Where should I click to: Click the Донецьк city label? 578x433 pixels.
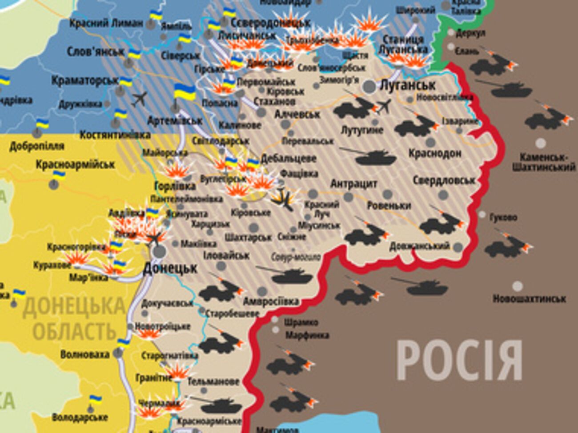[x=170, y=268]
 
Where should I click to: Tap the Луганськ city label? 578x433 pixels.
[x=407, y=84]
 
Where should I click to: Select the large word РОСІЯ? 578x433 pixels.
[x=459, y=360]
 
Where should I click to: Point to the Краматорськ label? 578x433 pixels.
[x=85, y=81]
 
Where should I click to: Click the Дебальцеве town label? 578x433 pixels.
[x=289, y=158]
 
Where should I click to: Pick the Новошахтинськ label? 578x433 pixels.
[x=529, y=298]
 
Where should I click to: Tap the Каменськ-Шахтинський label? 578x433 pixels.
[x=543, y=162]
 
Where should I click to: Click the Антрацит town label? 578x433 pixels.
[x=354, y=183]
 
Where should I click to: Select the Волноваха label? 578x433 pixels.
[x=84, y=354]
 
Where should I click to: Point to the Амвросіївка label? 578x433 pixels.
[x=271, y=302]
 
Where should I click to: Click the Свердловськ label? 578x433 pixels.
[x=444, y=180]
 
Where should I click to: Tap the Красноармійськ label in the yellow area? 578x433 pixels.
[x=75, y=165]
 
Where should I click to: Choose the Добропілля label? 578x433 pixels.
[x=37, y=146]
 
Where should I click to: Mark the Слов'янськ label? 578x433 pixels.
[x=96, y=52]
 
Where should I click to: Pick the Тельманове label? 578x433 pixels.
[x=213, y=381]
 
